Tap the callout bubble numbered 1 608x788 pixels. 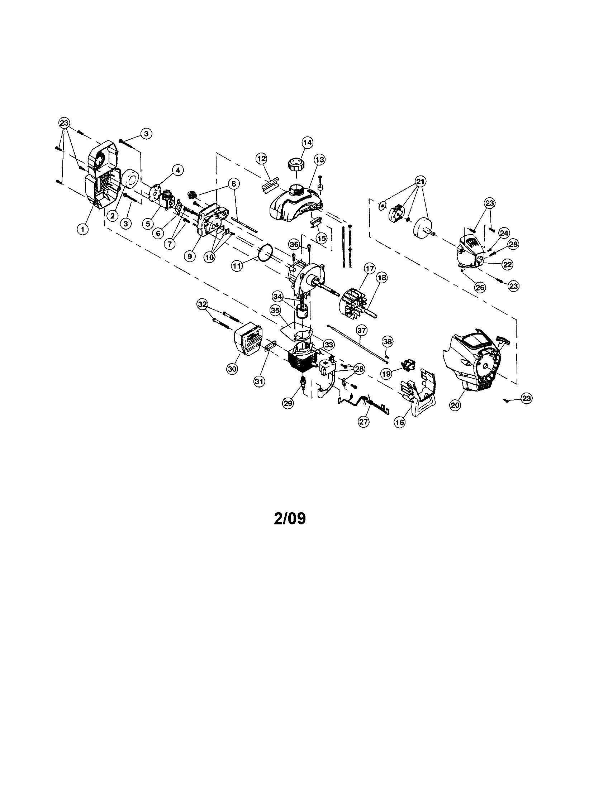[83, 229]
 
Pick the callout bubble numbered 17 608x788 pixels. [369, 268]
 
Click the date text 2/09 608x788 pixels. [290, 519]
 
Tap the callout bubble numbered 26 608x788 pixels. [480, 288]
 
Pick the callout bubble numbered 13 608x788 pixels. [319, 159]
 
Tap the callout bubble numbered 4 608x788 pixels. [178, 169]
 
